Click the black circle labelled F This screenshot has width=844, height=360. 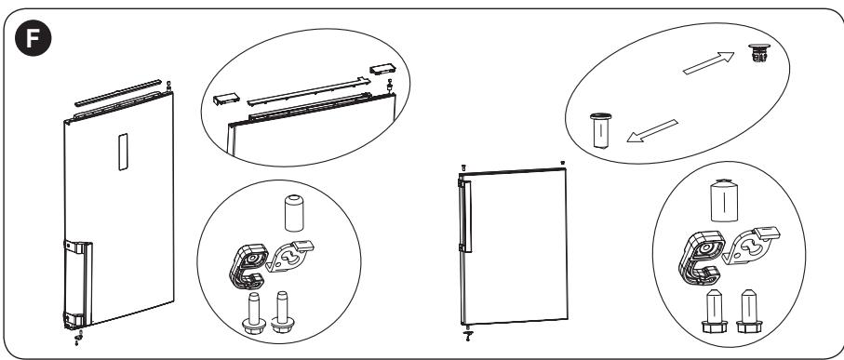[33, 38]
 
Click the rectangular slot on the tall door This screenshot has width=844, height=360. [123, 153]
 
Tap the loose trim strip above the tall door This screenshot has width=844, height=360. [118, 92]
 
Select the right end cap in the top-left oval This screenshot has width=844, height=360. [382, 69]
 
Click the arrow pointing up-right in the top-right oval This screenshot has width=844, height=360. [708, 63]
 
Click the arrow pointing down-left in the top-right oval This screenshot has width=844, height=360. [652, 131]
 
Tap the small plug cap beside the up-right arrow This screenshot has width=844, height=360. [759, 53]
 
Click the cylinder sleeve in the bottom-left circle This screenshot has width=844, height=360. [294, 214]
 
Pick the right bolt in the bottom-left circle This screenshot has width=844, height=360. [283, 312]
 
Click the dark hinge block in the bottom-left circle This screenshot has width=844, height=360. [248, 266]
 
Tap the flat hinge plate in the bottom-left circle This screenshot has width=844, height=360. [290, 255]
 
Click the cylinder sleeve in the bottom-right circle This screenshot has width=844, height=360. [724, 201]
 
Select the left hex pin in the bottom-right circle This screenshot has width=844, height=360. [715, 311]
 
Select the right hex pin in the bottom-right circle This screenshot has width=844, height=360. [749, 311]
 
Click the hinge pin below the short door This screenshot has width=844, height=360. [468, 333]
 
